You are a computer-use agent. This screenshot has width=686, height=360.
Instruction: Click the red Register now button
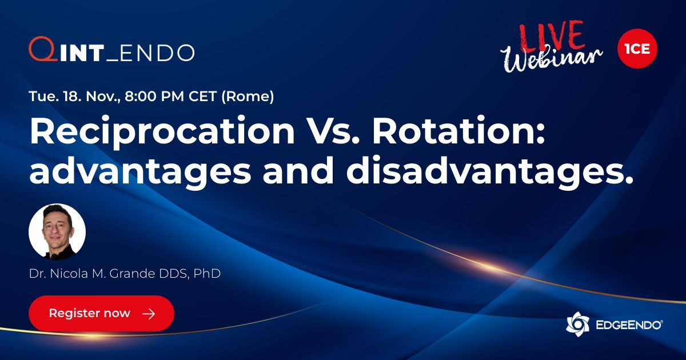[x=101, y=313]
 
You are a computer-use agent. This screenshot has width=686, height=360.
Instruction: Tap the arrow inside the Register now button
[x=148, y=314]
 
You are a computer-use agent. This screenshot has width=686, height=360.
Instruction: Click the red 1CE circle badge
[x=637, y=49]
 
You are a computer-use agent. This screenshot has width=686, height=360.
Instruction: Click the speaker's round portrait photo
[x=57, y=232]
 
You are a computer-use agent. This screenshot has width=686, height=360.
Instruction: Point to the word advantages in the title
[x=140, y=171]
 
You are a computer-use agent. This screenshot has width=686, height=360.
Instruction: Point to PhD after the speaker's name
[x=207, y=274]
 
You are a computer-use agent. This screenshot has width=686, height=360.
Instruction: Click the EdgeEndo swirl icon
[x=577, y=324]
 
